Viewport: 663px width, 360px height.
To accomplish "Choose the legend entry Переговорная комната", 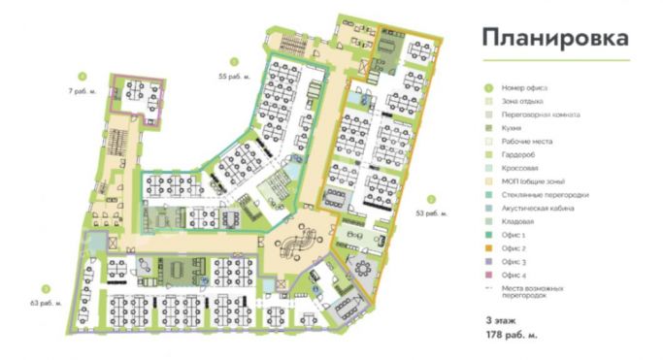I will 541,115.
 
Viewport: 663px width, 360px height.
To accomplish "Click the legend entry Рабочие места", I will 528,142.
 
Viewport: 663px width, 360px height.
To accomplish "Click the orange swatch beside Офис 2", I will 488,248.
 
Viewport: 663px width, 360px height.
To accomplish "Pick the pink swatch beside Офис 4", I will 488,276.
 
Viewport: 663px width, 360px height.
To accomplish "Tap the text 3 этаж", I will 502,319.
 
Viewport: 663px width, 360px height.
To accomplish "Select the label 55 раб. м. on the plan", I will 234,76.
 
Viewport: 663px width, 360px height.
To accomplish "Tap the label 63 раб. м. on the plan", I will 46,303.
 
